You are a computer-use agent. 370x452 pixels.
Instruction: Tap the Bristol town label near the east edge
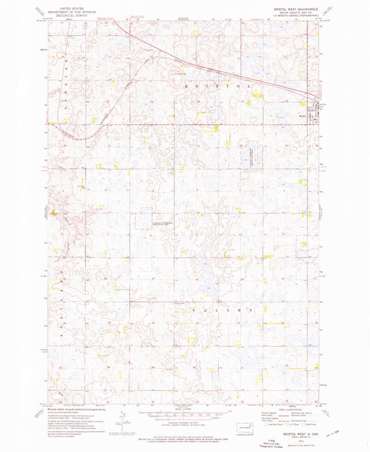click(x=312, y=106)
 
